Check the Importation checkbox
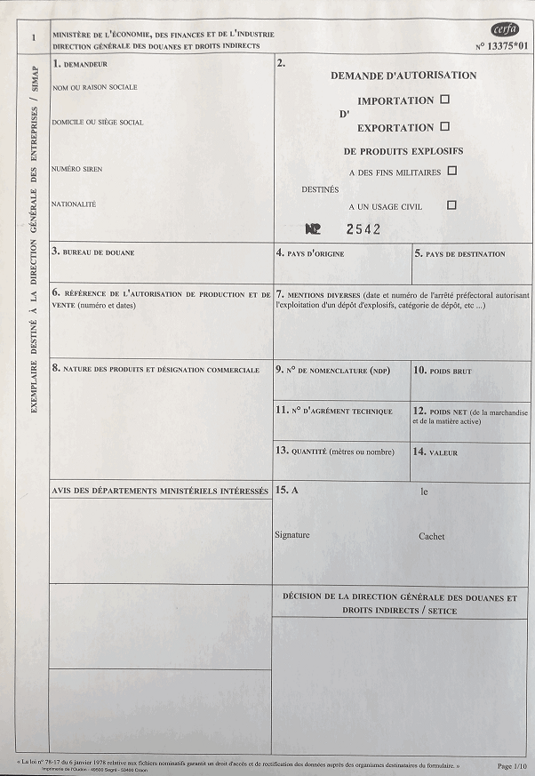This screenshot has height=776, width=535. click(445, 100)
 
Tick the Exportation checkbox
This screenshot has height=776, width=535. click(444, 126)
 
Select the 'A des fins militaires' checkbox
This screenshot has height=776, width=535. click(452, 170)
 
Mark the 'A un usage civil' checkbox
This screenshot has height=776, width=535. click(451, 204)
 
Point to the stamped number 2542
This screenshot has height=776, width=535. click(363, 228)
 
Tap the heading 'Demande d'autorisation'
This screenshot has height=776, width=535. click(403, 76)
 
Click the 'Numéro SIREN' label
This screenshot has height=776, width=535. click(77, 169)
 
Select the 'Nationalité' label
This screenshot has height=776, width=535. click(75, 204)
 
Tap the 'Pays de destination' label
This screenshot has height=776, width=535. click(465, 254)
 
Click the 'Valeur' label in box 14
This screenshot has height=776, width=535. click(443, 452)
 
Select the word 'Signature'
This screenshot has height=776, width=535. click(292, 535)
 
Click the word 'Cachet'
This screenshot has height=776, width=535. click(432, 536)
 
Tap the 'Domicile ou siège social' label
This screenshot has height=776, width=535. click(98, 122)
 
